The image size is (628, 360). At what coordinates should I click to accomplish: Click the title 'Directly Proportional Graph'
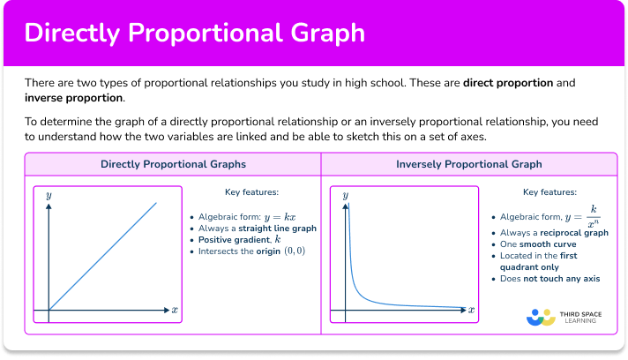pyautogui.click(x=194, y=33)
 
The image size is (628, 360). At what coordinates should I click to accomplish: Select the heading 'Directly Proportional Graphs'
pyautogui.click(x=173, y=164)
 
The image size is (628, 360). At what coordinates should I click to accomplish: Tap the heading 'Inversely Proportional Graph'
pyautogui.click(x=468, y=164)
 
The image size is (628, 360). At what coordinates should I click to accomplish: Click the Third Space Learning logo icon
pyautogui.click(x=539, y=317)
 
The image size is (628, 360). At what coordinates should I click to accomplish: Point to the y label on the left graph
pyautogui.click(x=49, y=194)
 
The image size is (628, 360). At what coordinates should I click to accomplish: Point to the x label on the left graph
pyautogui.click(x=175, y=310)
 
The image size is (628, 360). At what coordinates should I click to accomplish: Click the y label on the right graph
pyautogui.click(x=345, y=194)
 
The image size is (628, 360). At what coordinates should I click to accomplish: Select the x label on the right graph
pyautogui.click(x=471, y=310)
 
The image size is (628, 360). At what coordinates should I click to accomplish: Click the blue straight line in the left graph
pyautogui.click(x=101, y=257)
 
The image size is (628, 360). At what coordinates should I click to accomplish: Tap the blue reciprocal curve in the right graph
pyautogui.click(x=370, y=296)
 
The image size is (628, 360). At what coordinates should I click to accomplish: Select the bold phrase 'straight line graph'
pyautogui.click(x=279, y=228)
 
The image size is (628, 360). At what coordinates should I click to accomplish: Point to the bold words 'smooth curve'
pyautogui.click(x=551, y=244)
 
